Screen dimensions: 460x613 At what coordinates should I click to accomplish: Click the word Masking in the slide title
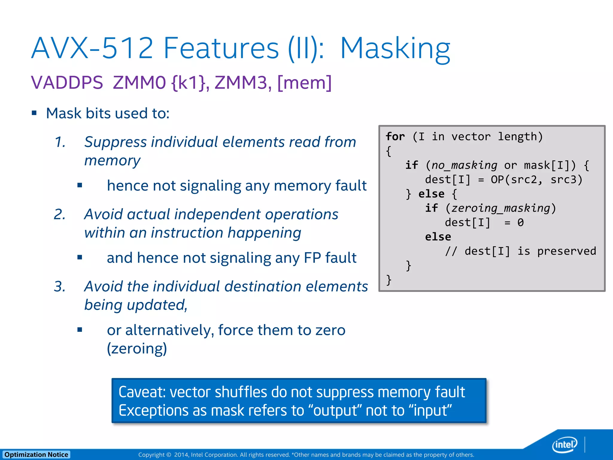click(395, 49)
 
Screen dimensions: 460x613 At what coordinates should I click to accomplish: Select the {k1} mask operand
click(189, 83)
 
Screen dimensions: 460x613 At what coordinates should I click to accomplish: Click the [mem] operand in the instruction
click(304, 83)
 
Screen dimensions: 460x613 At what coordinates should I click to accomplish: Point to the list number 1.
click(60, 142)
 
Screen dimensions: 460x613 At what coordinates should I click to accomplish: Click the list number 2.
click(60, 214)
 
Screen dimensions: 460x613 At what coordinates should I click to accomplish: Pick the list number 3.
click(60, 287)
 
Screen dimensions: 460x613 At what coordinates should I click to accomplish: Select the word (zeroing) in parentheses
click(137, 349)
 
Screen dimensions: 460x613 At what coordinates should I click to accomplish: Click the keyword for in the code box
click(395, 137)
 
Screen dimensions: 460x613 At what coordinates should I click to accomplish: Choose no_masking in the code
click(464, 165)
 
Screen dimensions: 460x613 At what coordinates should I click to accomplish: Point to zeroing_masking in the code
click(500, 208)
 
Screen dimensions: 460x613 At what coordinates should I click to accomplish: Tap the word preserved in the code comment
click(566, 251)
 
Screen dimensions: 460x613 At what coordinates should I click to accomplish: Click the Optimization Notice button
click(36, 455)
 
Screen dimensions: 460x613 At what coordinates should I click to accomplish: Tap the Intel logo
click(565, 444)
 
